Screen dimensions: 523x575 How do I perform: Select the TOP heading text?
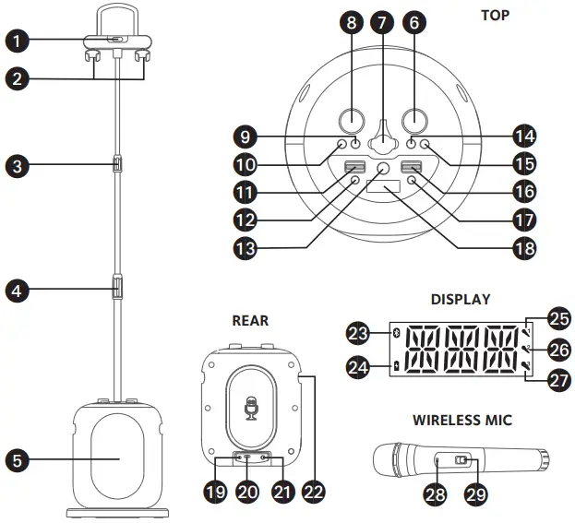(495, 16)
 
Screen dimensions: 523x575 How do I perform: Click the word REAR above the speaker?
(250, 320)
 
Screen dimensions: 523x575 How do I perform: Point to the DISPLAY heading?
(461, 300)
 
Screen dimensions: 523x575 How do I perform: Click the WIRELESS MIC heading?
(461, 420)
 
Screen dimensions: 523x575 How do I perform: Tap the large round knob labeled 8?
(351, 119)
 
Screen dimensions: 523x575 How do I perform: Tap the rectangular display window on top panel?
(382, 189)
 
